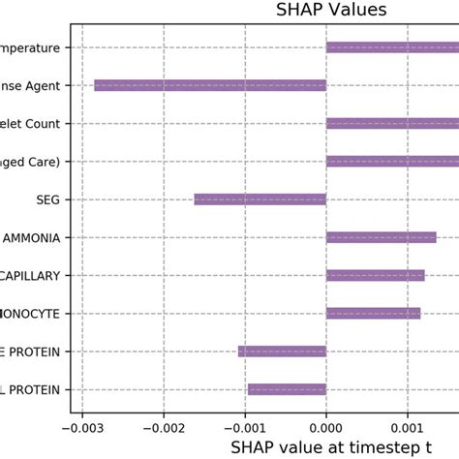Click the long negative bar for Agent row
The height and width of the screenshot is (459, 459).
click(x=209, y=85)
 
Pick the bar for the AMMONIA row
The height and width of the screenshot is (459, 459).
click(x=381, y=237)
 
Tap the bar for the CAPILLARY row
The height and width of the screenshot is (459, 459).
click(x=375, y=275)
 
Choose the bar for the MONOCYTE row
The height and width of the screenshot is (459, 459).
click(x=373, y=313)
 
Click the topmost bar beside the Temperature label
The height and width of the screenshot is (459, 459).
click(x=392, y=47)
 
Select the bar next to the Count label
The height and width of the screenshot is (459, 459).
click(x=392, y=123)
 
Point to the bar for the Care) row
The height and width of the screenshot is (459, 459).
click(x=392, y=161)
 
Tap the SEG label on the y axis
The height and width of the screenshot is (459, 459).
click(x=46, y=199)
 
